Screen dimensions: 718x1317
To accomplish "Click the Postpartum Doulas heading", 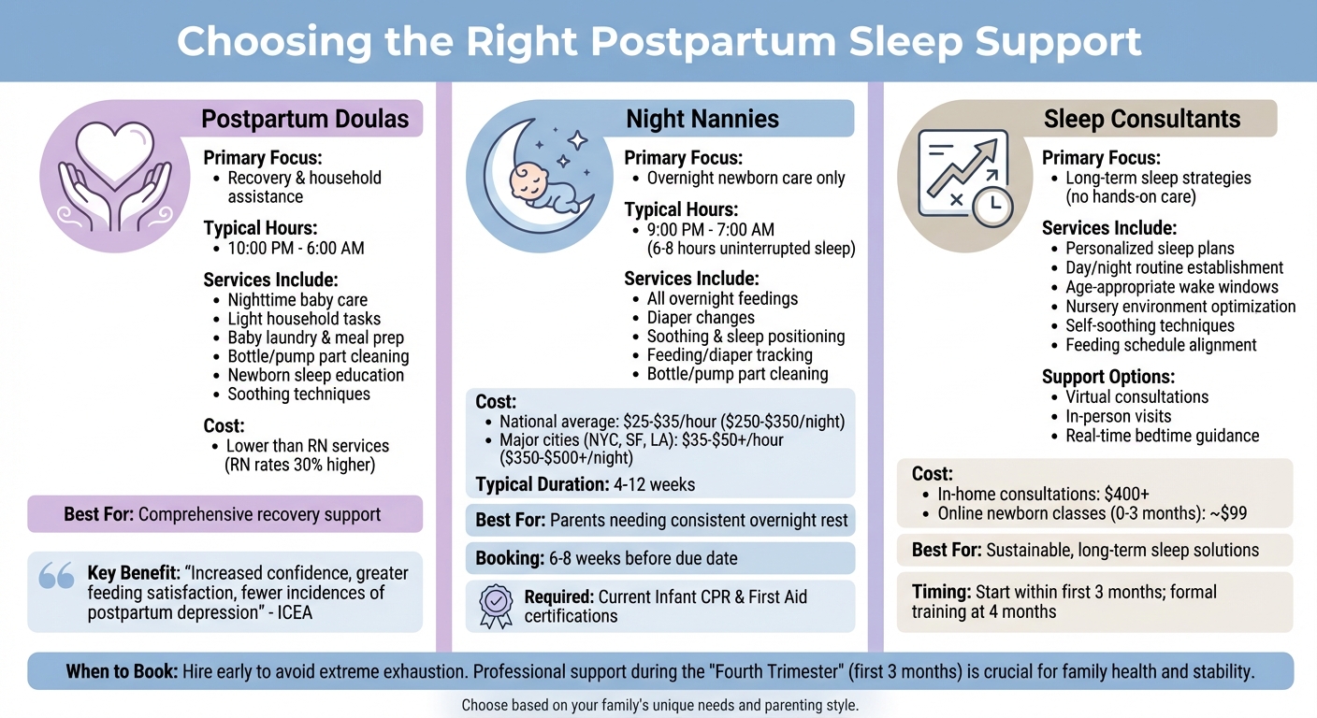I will (x=305, y=119).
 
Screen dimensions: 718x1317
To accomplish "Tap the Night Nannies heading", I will (x=702, y=119).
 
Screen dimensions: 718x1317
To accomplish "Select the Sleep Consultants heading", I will (x=1141, y=119).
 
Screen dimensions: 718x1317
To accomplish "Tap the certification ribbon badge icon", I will (x=495, y=606).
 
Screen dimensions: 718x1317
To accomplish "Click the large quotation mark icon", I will (x=56, y=576).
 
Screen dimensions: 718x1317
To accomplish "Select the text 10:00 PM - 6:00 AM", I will (x=296, y=249).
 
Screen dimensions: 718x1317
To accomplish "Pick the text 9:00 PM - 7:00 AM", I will (x=710, y=230).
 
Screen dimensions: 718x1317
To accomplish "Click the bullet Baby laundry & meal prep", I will (x=315, y=337).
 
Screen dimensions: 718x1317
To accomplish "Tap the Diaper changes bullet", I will (x=701, y=318).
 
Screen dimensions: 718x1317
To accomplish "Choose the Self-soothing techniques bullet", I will (x=1150, y=325).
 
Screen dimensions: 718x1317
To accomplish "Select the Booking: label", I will (x=509, y=558).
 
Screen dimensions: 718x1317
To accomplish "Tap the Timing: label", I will (x=941, y=592).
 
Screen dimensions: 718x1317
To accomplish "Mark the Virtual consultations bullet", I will (x=1136, y=397).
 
